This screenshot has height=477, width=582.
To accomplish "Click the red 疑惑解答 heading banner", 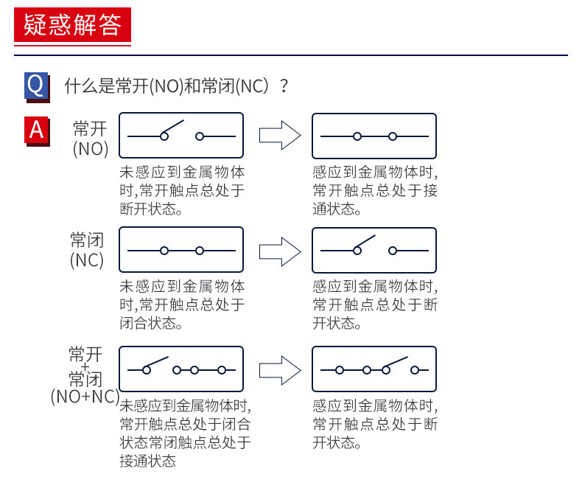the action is coord(72,25).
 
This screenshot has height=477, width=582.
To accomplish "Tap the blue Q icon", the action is coord(36,86).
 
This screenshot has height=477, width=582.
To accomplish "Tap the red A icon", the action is coord(37,130).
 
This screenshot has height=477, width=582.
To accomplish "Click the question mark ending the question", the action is coord(284,86).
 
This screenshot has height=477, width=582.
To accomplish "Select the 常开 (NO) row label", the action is coord(91,139).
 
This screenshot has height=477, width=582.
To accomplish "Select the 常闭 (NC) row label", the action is coord(87,250).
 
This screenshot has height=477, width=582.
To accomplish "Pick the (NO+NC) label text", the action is coord(85,397).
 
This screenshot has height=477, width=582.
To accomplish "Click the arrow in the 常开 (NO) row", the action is coord(280,135).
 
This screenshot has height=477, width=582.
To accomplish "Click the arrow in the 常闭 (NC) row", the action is coord(280,252).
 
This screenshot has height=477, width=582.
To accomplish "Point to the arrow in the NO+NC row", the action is coord(280,370).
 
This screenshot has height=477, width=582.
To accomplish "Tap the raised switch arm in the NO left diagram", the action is coord(173,127).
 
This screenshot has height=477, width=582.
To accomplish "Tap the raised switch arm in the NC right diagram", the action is coord(365,242).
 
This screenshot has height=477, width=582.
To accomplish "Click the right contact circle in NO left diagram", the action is coord(200,136).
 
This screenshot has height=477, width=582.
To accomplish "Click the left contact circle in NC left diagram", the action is coord(164,251).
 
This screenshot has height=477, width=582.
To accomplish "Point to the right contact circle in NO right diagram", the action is coord(393,136).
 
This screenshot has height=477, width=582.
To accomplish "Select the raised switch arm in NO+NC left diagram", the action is coord(158,362).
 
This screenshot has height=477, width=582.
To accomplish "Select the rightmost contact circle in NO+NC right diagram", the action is coord(415,370).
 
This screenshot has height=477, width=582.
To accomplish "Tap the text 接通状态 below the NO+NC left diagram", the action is coord(148,461).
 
